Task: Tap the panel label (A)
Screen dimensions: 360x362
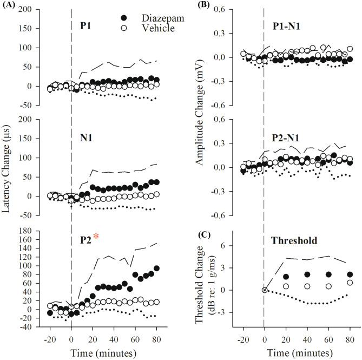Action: coord(9,5)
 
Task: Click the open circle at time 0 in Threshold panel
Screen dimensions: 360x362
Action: coord(265,290)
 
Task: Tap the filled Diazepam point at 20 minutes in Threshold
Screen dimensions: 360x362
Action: coord(286,277)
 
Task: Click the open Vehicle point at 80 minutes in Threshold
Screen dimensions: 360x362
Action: coord(350,283)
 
